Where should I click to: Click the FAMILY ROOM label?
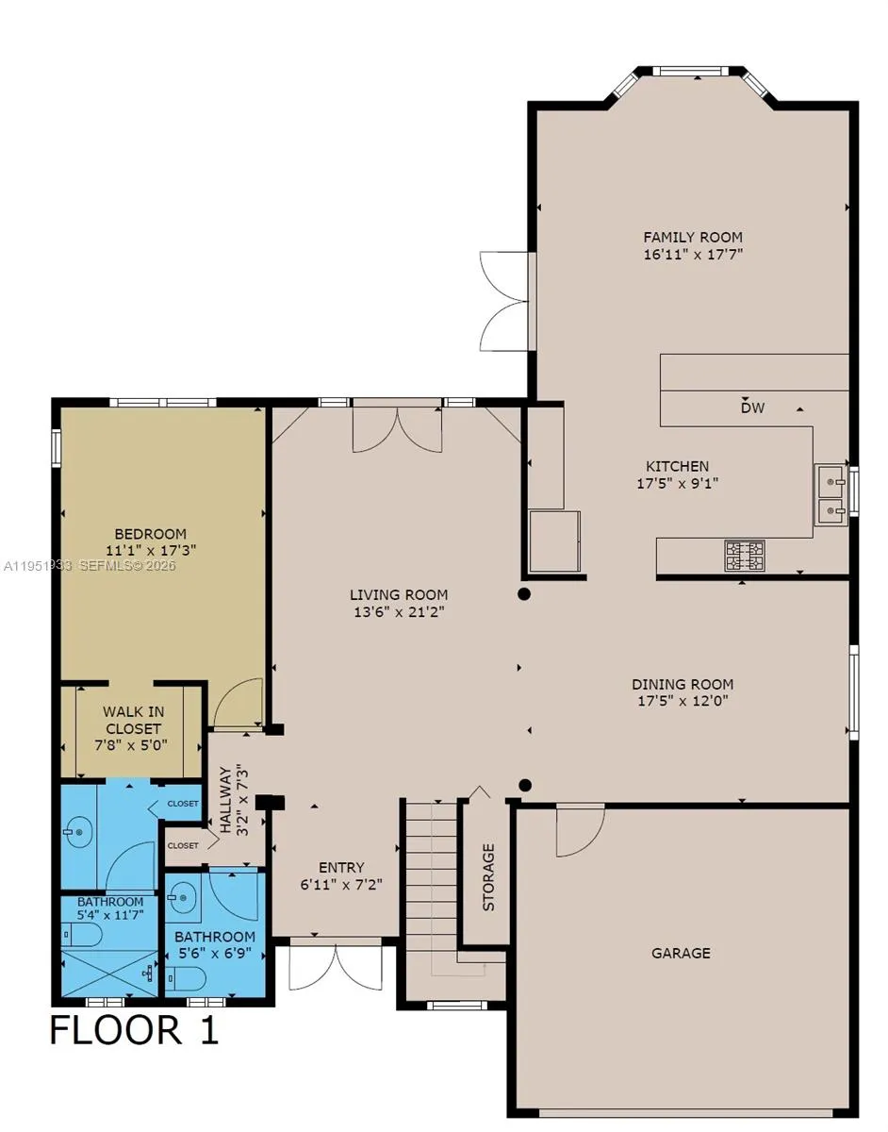click(x=692, y=238)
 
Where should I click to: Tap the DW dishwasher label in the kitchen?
click(x=751, y=408)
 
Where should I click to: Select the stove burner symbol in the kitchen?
click(x=744, y=556)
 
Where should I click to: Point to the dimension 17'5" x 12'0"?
click(x=682, y=701)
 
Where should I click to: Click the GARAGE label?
click(x=681, y=954)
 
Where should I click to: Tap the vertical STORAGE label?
click(x=488, y=877)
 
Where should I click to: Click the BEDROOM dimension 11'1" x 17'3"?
click(x=151, y=549)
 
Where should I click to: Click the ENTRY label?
click(x=341, y=868)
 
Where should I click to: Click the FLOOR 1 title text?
click(x=134, y=1029)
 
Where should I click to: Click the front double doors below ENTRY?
click(x=336, y=964)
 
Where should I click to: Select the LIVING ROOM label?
click(x=399, y=595)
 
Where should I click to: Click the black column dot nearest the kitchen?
click(x=524, y=594)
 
